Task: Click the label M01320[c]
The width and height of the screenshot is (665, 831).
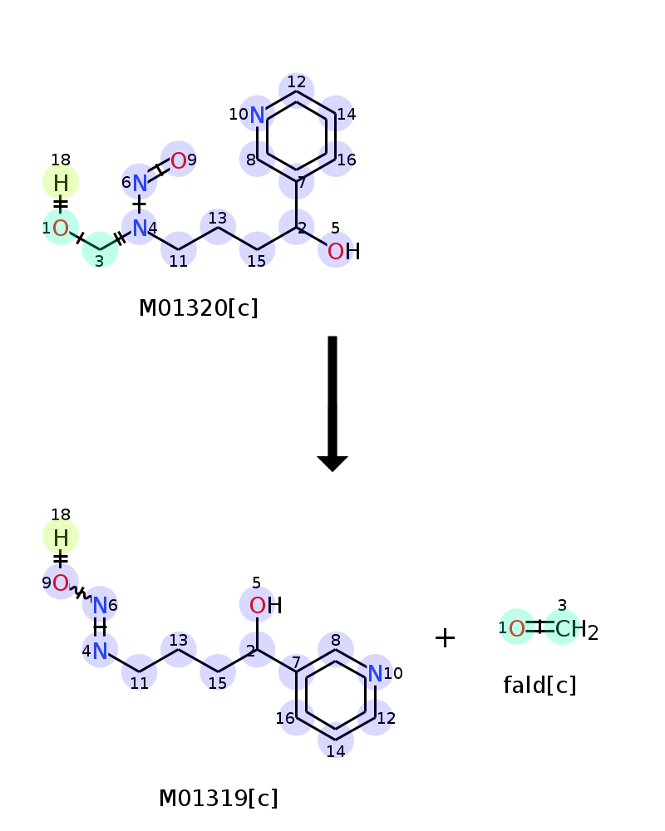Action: (199, 308)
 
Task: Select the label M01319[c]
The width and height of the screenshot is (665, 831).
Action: (218, 798)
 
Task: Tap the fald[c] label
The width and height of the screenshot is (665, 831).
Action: (539, 686)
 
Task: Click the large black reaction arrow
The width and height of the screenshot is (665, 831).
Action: (332, 403)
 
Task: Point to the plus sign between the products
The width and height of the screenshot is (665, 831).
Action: (445, 637)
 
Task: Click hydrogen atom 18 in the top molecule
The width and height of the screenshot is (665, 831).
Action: (61, 183)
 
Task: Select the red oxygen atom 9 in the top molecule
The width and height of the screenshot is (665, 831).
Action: (178, 160)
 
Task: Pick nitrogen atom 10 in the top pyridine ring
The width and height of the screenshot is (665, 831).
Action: (257, 115)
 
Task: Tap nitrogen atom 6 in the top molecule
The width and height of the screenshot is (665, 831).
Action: (140, 184)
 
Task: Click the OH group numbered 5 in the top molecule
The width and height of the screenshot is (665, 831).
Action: (343, 251)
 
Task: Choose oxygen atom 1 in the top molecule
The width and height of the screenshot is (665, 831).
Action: (61, 229)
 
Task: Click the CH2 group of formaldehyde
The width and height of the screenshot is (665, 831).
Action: (576, 630)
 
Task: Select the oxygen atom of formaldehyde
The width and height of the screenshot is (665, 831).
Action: (516, 628)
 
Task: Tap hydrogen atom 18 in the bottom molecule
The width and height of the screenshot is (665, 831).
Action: (61, 538)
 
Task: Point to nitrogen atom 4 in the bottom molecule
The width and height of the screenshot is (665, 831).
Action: (100, 652)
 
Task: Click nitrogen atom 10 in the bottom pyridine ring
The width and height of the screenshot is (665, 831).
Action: (375, 674)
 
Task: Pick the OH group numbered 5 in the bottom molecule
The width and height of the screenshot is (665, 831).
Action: (265, 606)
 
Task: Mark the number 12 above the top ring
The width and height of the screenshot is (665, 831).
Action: (297, 81)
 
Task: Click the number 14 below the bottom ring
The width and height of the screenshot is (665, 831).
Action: (336, 751)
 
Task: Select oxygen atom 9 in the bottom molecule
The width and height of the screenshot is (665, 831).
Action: (61, 583)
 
